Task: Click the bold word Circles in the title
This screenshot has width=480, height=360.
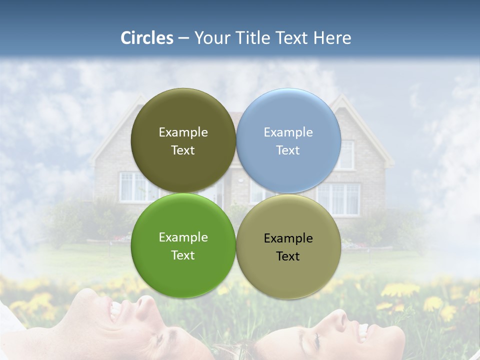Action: [x=147, y=38]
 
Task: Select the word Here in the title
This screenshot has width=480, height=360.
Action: [x=332, y=38]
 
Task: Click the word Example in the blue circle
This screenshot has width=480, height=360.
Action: [x=288, y=132]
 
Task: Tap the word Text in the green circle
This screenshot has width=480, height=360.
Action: [x=183, y=255]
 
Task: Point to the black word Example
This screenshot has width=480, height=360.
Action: [x=288, y=238]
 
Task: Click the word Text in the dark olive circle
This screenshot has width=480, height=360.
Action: [x=183, y=150]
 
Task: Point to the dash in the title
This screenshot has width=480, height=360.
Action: [x=183, y=38]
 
